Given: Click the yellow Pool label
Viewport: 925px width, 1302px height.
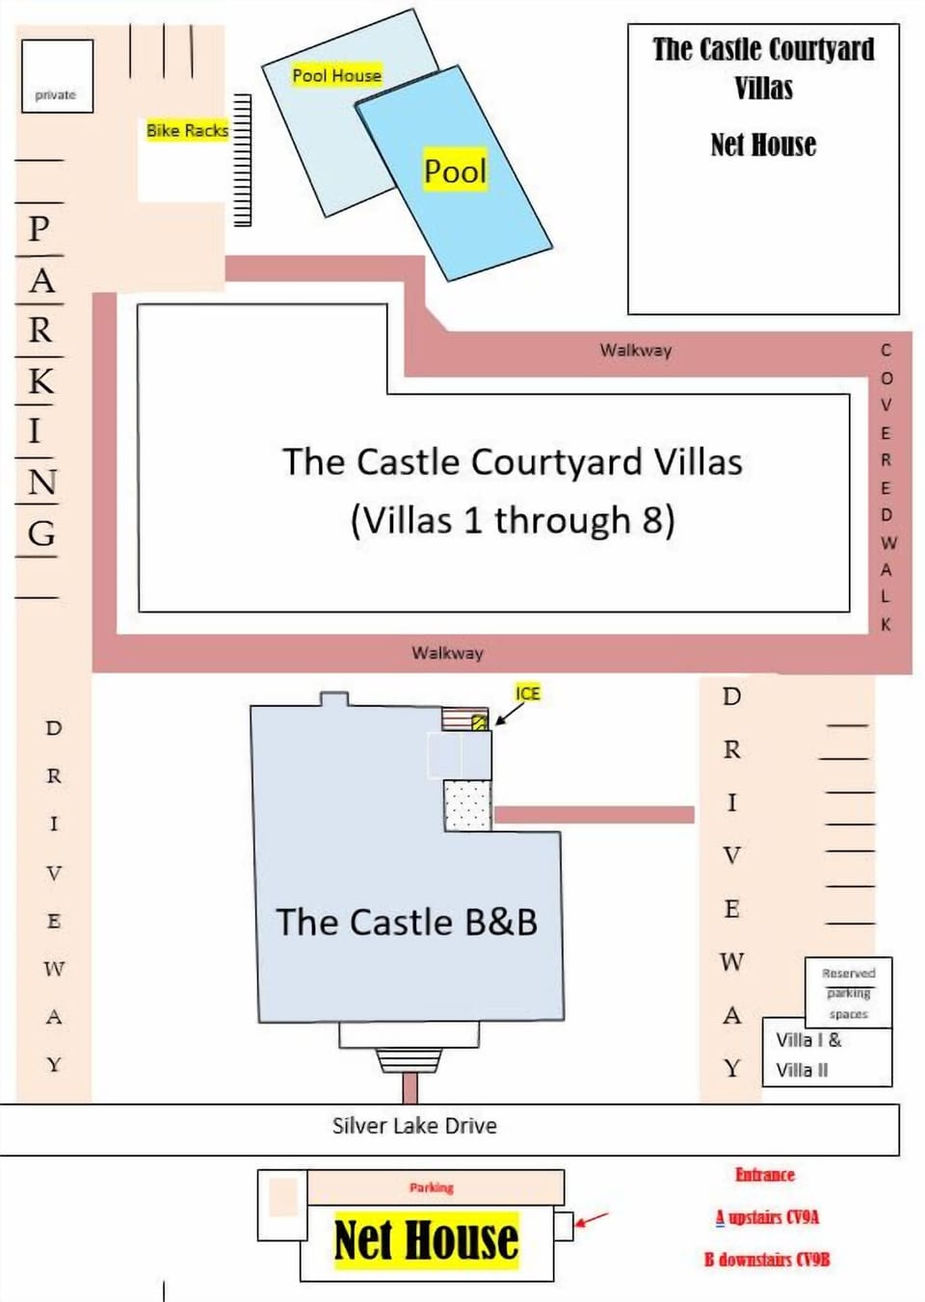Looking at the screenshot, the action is pos(455,170).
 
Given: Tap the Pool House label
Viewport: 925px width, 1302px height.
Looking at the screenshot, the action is pos(336,75).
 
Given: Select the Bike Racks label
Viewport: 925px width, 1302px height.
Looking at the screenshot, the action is pos(187,130).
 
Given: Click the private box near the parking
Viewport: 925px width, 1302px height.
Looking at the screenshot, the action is pos(57,76).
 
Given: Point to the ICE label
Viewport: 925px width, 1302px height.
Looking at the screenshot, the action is pos(527,692).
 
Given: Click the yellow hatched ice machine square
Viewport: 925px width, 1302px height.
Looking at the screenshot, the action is pos(479,722).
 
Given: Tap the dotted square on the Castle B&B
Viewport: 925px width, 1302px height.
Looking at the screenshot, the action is pos(468,806).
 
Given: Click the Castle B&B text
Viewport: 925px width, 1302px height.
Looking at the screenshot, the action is pos(407,922).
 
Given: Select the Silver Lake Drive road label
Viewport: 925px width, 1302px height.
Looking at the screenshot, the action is pos(414,1126).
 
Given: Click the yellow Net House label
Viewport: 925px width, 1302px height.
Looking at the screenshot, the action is pos(426,1239).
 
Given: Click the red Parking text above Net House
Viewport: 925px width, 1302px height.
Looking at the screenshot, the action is pos(432,1187).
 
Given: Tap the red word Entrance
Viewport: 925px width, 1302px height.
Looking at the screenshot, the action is pos(764,1174).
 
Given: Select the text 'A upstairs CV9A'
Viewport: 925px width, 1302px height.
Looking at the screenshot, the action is pos(767,1216).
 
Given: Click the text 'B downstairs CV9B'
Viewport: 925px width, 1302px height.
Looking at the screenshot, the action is pos(767,1259).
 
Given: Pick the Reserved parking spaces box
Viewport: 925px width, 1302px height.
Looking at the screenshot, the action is pos(848,993).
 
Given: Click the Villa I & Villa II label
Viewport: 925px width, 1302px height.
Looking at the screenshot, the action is pos(808,1055).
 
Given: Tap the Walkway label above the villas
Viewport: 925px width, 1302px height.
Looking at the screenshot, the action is pos(636,350).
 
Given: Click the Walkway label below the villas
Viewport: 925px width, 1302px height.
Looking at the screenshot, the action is pos(447,652).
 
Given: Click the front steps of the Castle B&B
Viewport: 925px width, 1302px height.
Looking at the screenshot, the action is pos(409,1060).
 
